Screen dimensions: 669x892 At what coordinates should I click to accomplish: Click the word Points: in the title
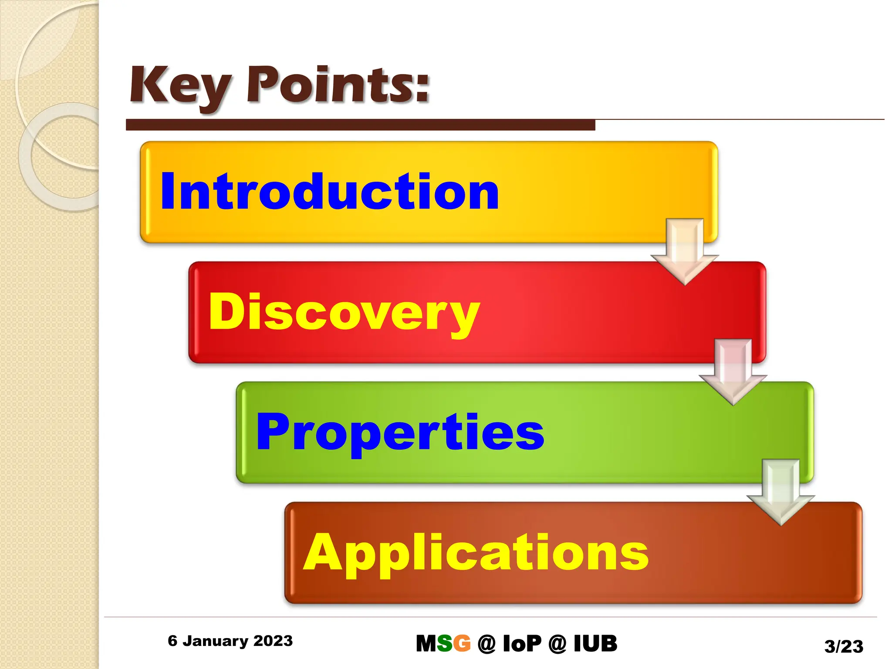tap(338, 85)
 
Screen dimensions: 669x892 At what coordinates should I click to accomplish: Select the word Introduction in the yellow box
tap(330, 192)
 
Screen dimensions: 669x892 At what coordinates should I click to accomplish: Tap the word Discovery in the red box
tap(344, 312)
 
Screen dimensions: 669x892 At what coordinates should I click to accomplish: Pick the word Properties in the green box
tap(400, 432)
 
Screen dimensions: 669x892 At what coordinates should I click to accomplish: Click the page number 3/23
tap(844, 646)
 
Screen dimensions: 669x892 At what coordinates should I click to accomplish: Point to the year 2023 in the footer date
tap(273, 641)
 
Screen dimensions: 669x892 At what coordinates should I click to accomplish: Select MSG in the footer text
tap(443, 644)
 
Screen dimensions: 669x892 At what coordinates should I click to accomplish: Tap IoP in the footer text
tap(522, 644)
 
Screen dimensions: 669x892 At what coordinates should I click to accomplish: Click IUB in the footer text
tap(595, 644)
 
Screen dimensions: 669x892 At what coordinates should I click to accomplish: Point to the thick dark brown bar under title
tap(360, 125)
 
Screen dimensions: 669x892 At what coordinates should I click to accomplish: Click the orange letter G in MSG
tap(462, 644)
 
